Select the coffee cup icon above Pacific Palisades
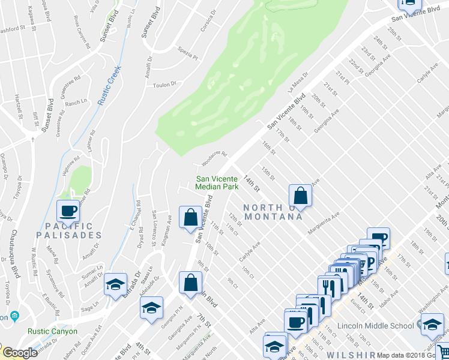[x=67, y=210]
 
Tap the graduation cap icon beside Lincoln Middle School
[x=432, y=325]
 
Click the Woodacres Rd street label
[x=214, y=158]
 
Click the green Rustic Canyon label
[x=52, y=331]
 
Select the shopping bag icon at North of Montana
[x=300, y=195]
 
